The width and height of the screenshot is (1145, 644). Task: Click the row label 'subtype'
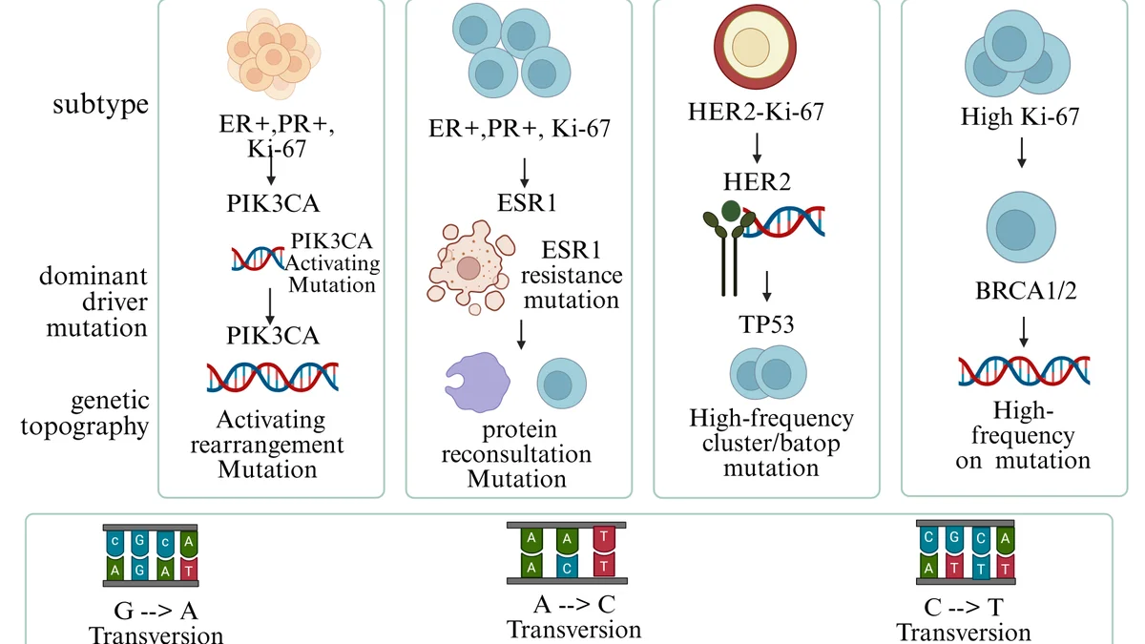coord(101,105)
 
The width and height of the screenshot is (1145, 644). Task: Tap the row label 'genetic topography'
coord(85,413)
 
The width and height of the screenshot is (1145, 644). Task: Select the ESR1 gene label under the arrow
coord(527,203)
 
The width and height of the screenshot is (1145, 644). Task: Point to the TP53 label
coord(766,324)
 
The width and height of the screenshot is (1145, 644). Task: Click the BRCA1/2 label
coord(1026,291)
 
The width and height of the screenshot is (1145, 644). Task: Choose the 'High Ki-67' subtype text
coord(1020,116)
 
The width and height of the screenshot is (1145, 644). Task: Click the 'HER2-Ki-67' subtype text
coord(756,112)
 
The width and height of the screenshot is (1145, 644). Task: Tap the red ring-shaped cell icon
coord(755,47)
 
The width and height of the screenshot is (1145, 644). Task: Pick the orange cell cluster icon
coord(274,54)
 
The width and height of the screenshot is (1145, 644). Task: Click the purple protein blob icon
coord(477,382)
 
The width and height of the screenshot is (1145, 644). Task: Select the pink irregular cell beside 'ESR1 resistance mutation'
coord(470,267)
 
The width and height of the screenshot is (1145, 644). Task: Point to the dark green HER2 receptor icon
coord(728,248)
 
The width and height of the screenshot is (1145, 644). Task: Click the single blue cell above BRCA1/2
coord(1021,227)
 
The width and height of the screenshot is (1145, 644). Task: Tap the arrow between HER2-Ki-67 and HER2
coord(757,148)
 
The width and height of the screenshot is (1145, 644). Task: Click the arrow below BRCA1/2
coord(1023,332)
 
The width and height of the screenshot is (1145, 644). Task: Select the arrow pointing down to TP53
coord(767,286)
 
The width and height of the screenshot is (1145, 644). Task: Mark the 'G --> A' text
coord(156,611)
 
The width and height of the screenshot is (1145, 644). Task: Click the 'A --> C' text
coord(574,605)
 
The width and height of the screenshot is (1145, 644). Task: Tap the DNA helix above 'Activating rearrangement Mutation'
coord(273,377)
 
